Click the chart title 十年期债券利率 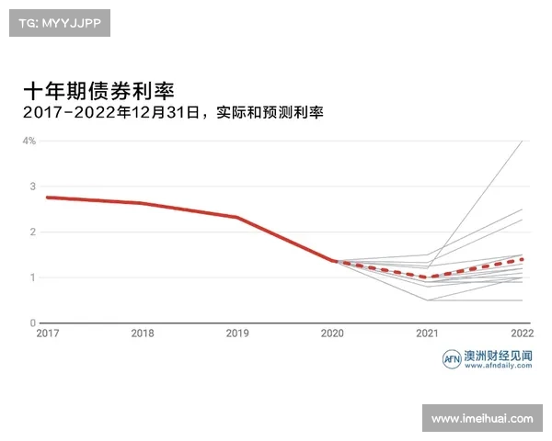pos(98,91)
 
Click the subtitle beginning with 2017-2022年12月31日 pos(175,113)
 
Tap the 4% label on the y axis pos(29,141)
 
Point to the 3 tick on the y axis pos(32,187)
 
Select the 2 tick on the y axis pos(32,232)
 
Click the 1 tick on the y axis pos(32,277)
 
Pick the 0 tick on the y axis pos(32,323)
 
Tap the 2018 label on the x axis pos(142,334)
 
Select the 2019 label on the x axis pos(237,334)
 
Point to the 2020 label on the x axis pos(332,334)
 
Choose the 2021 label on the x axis pos(427,334)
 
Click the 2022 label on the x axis pos(523,334)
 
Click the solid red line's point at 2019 pos(236,218)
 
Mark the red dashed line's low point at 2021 pos(427,277)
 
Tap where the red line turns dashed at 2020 pos(332,261)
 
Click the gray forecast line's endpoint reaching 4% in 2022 pos(523,141)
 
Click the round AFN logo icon pos(452,359)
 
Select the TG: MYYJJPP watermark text pos(59,23)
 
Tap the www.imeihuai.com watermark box pos(483,419)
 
